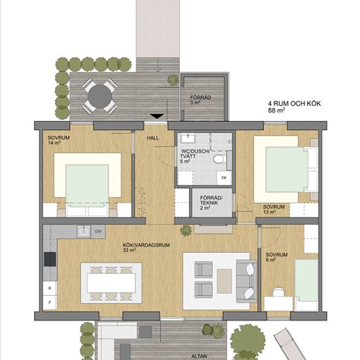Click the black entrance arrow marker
[157, 116]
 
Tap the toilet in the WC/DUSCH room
[219, 159]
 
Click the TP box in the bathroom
[224, 177]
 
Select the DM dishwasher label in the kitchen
[98, 232]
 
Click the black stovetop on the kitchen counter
[50, 259]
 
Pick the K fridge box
[50, 288]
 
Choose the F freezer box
[50, 302]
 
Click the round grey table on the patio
[99, 96]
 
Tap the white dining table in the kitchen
[111, 283]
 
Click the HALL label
[153, 138]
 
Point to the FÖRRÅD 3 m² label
[200, 100]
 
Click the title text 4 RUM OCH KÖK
[295, 103]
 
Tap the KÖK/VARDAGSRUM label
[146, 245]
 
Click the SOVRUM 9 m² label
[276, 257]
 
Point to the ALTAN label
[199, 356]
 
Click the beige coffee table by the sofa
[225, 281]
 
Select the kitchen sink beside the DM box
[84, 232]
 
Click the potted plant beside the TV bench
[186, 230]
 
